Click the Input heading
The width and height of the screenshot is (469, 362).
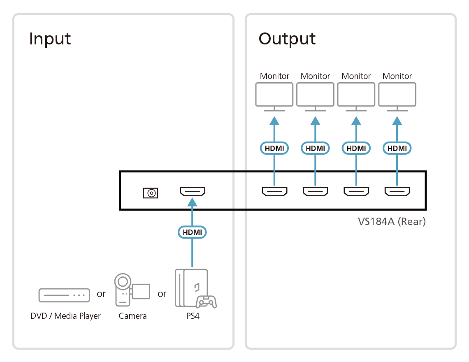pyautogui.click(x=50, y=39)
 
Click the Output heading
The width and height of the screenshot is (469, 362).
pyautogui.click(x=287, y=39)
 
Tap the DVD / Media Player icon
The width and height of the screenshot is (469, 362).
pyautogui.click(x=64, y=295)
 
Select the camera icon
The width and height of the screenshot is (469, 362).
pyautogui.click(x=131, y=290)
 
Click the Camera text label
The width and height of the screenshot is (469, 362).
pyautogui.click(x=132, y=316)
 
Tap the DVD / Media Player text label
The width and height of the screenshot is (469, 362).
pyautogui.click(x=65, y=316)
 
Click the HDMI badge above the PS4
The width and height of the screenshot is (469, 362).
pyautogui.click(x=193, y=232)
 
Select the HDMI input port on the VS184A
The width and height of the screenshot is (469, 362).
pyautogui.click(x=193, y=192)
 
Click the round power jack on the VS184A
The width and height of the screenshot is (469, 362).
pyautogui.click(x=150, y=193)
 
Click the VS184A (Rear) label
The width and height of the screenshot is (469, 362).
pyautogui.click(x=391, y=222)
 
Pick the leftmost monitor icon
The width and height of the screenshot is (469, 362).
pyautogui.click(x=274, y=95)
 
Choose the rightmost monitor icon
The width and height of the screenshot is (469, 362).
pyautogui.click(x=397, y=95)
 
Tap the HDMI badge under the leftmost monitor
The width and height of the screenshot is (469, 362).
pyautogui.click(x=274, y=148)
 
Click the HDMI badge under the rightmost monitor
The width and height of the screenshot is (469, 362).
pyautogui.click(x=397, y=148)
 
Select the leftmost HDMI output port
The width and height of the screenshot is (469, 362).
pyautogui.click(x=274, y=192)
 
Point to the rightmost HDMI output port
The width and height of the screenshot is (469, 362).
pyautogui.click(x=397, y=192)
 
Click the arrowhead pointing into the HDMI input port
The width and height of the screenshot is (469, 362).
pyautogui.click(x=193, y=202)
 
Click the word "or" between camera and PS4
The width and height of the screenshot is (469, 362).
pyautogui.click(x=162, y=294)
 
